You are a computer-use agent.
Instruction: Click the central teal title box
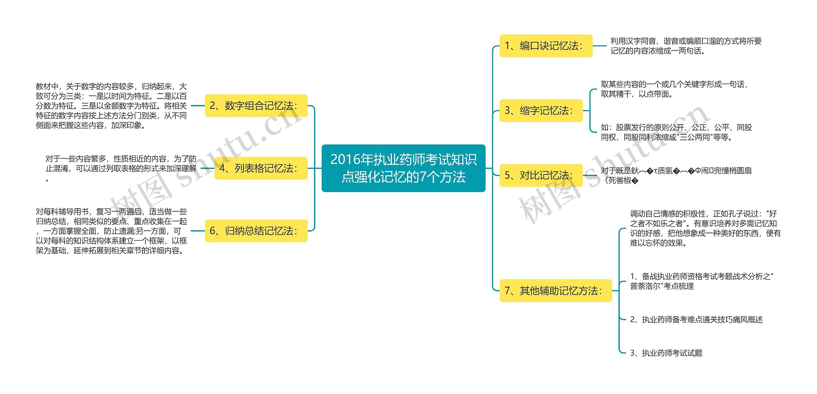pyautogui.click(x=403, y=168)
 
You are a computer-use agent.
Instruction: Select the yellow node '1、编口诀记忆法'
pyautogui.click(x=546, y=46)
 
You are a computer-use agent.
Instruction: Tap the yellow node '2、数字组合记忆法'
pyautogui.click(x=256, y=106)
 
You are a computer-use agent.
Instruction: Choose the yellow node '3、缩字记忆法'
pyautogui.click(x=541, y=111)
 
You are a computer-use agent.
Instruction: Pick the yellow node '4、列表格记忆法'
pyautogui.click(x=261, y=168)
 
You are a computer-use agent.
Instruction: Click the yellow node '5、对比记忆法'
pyautogui.click(x=541, y=175)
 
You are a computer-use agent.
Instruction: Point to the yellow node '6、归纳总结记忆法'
pyautogui.click(x=256, y=231)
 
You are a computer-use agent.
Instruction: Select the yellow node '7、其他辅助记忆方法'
pyautogui.click(x=555, y=290)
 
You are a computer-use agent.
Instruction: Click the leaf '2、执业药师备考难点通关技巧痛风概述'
pyautogui.click(x=696, y=320)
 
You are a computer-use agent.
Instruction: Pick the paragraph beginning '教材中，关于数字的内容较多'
pyautogui.click(x=111, y=106)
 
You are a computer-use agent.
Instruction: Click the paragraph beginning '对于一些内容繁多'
pyautogui.click(x=121, y=168)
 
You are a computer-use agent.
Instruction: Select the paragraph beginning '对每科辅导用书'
pyautogui.click(x=111, y=231)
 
